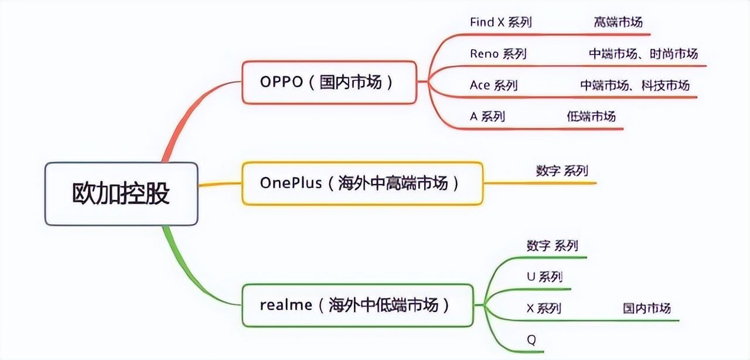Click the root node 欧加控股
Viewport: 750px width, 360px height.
[121, 193]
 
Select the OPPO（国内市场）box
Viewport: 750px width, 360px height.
[329, 82]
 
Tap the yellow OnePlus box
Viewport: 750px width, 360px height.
[363, 183]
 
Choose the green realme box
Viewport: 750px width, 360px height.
[357, 305]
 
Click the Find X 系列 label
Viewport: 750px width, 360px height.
[501, 22]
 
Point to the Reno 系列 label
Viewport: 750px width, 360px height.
[498, 53]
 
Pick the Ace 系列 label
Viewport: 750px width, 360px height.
[494, 85]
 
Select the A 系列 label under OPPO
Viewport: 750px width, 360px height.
[487, 117]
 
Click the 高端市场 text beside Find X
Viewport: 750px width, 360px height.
[618, 22]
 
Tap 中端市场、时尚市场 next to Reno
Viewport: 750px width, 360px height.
[643, 53]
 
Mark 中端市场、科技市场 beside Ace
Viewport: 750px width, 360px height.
[635, 85]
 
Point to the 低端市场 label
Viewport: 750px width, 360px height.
[591, 117]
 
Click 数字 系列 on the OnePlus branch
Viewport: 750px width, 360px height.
[562, 171]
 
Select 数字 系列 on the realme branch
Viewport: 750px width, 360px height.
[553, 245]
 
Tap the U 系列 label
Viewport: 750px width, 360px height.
[544, 277]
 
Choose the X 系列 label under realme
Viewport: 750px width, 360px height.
[544, 308]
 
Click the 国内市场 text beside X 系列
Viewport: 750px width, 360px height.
[647, 308]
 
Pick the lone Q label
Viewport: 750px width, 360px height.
[531, 340]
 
